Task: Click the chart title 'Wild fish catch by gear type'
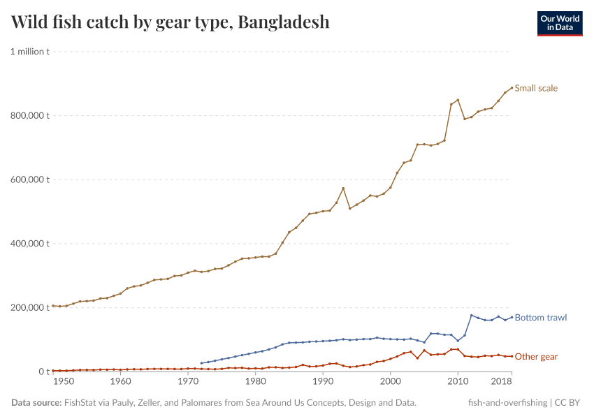(171, 22)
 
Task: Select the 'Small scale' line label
(536, 88)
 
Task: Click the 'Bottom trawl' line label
(540, 317)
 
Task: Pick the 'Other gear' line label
(536, 357)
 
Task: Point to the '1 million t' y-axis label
(29, 52)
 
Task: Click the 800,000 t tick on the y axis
(29, 115)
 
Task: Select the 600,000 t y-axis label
(29, 179)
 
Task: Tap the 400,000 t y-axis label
(29, 244)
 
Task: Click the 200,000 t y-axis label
(29, 307)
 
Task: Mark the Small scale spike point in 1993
(343, 188)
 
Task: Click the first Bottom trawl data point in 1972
(201, 363)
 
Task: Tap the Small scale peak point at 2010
(458, 100)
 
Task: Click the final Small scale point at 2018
(512, 87)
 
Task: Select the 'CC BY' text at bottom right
(569, 403)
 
